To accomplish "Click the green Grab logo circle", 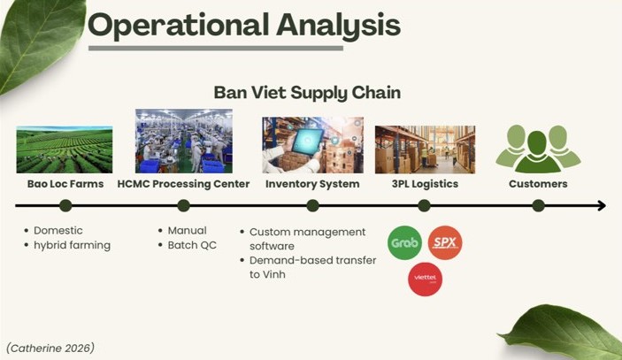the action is tap(404, 242).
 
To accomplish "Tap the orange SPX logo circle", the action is tap(445, 242).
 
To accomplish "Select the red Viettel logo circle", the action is tap(426, 280).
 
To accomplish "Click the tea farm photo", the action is tap(65, 149).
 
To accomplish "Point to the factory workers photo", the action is tap(184, 142).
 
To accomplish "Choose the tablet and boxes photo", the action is tap(312, 145).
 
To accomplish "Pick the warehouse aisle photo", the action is tap(425, 149).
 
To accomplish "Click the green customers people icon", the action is tap(538, 149).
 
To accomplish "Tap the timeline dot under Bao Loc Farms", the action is tap(65, 206).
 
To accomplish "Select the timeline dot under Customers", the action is tap(538, 206).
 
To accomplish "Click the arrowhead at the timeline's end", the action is tap(602, 206).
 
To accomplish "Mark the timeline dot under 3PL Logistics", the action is tap(424, 206).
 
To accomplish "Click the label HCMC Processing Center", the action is tap(183, 184).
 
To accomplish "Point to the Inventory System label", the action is tap(312, 184).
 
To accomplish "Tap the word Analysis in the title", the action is tap(338, 26).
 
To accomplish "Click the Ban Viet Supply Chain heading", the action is tap(307, 93).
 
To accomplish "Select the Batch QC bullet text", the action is tap(192, 245).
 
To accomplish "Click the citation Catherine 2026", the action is tap(50, 349).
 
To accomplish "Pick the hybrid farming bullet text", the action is tap(73, 245).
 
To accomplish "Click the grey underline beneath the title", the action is tap(216, 49).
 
